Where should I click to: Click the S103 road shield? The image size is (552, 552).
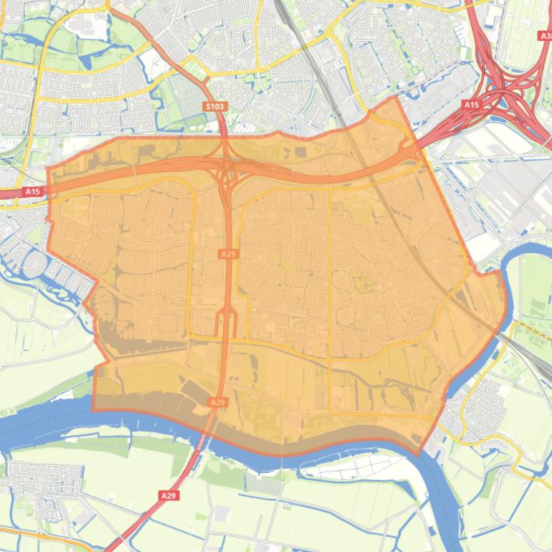tap(215, 107)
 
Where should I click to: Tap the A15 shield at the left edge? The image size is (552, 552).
tap(32, 191)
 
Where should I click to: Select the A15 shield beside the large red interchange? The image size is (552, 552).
tap(470, 105)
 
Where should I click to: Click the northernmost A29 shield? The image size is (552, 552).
tap(228, 254)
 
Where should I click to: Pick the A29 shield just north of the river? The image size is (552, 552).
tap(217, 403)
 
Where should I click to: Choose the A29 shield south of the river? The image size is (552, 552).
tap(168, 495)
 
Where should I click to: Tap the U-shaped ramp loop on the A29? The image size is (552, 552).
tap(227, 323)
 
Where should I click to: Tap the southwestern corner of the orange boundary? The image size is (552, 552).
tap(93, 409)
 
